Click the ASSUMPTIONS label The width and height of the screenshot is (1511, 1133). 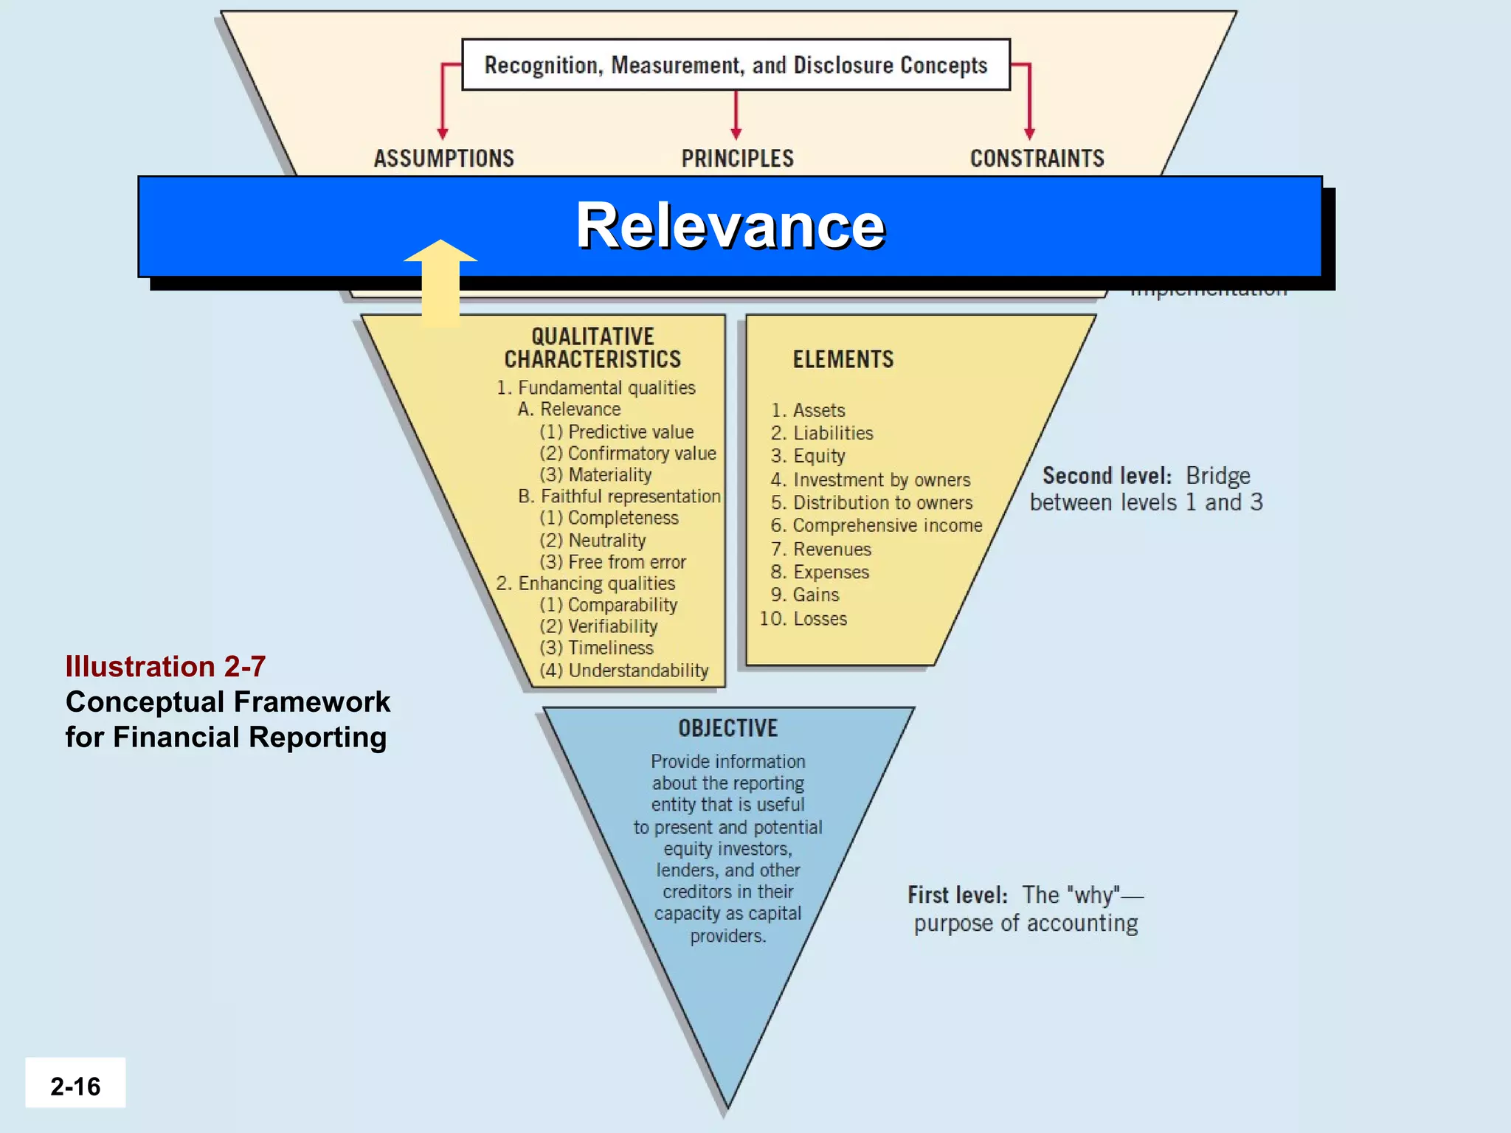443,159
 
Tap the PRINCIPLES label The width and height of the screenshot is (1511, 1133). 737,159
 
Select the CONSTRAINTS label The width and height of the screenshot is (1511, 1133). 1037,159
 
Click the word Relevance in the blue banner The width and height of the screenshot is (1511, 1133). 730,226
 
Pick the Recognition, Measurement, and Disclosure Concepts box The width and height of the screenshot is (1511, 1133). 736,65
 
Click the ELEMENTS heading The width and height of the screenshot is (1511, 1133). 843,360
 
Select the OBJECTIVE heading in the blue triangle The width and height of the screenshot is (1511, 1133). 727,729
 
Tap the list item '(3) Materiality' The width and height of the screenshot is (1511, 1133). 596,475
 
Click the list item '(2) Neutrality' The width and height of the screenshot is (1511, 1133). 592,541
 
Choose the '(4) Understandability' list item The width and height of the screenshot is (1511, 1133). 624,671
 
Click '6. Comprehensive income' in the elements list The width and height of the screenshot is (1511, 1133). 876,526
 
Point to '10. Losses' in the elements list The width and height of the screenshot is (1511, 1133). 803,619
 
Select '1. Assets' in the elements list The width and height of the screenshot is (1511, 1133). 808,411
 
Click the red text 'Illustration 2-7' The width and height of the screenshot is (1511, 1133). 165,667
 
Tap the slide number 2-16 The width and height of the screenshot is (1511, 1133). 75,1087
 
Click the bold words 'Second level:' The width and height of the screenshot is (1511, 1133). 1107,477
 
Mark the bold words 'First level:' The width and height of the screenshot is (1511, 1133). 958,895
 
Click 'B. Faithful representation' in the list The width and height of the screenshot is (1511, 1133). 619,496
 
